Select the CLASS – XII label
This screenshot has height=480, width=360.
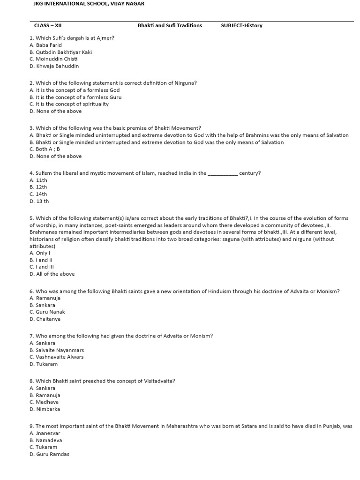[48, 25]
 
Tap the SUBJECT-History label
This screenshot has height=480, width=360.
[241, 25]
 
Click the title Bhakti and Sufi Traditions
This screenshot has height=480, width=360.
[170, 25]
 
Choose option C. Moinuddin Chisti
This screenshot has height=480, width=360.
[53, 59]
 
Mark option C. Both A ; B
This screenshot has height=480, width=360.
[45, 149]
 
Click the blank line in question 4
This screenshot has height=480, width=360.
[222, 173]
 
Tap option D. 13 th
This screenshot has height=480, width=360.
[39, 201]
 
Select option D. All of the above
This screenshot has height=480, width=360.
[52, 274]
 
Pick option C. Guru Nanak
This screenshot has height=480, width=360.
[47, 312]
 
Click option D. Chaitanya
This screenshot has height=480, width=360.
[45, 319]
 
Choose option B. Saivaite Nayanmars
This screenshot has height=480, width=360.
[57, 350]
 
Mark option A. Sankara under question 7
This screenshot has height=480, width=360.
[42, 343]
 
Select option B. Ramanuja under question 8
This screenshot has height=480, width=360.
[45, 395]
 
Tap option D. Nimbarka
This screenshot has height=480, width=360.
[45, 409]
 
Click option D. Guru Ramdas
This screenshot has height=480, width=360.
[49, 454]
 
